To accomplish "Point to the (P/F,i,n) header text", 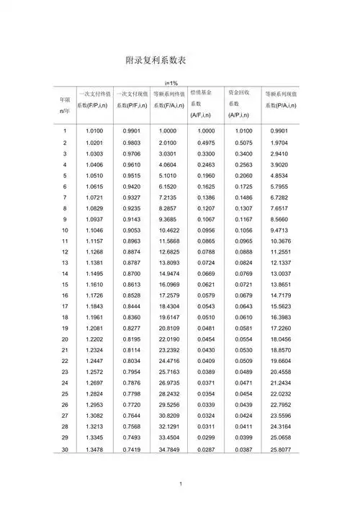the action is pos(132,107).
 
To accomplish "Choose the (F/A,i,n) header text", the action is pos(170,107).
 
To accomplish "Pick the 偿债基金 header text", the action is pos(202,93).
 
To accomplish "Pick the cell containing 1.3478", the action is pos(95,450).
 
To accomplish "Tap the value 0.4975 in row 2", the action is pos(205,143).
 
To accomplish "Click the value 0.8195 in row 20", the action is pos(131,339).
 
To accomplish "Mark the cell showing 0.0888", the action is pos(243,251).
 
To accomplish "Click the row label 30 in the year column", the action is pos(65,450).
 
